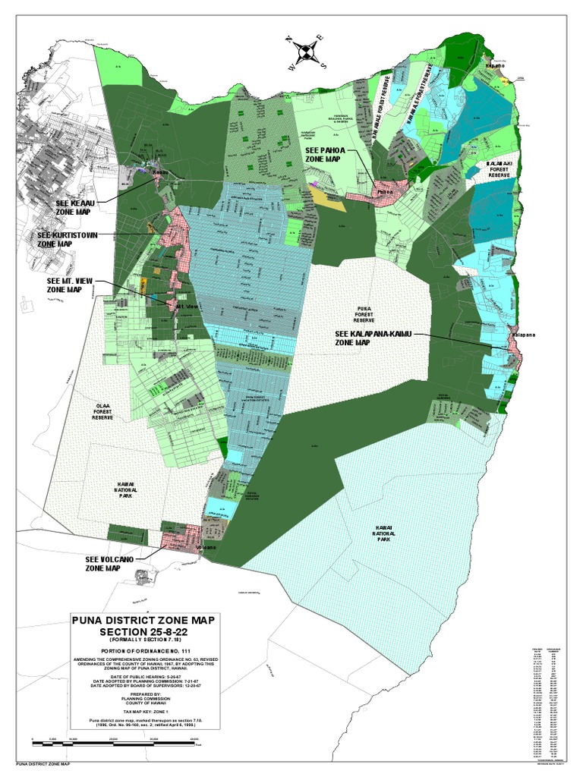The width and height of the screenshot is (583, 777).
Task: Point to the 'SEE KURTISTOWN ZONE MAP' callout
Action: pyautogui.click(x=67, y=240)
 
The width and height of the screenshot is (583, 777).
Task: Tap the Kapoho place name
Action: pyautogui.click(x=495, y=67)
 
